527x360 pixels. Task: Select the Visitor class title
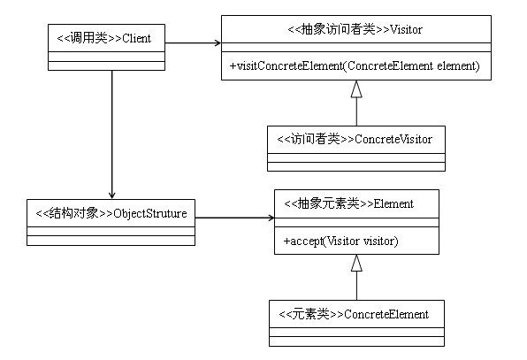click(355, 29)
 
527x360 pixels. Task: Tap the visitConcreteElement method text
click(355, 65)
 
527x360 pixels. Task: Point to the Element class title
click(355, 204)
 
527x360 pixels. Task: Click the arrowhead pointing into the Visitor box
click(215, 42)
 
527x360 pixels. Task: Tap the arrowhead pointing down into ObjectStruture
click(111, 196)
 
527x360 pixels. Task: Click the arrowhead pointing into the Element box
click(268, 217)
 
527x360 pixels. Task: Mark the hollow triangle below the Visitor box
click(355, 88)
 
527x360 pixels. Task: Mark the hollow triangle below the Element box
click(355, 263)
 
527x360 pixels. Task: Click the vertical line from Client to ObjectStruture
click(111, 133)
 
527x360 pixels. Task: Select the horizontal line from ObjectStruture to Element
click(232, 217)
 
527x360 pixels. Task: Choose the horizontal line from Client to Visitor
click(190, 42)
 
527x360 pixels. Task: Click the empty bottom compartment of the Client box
click(105, 64)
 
